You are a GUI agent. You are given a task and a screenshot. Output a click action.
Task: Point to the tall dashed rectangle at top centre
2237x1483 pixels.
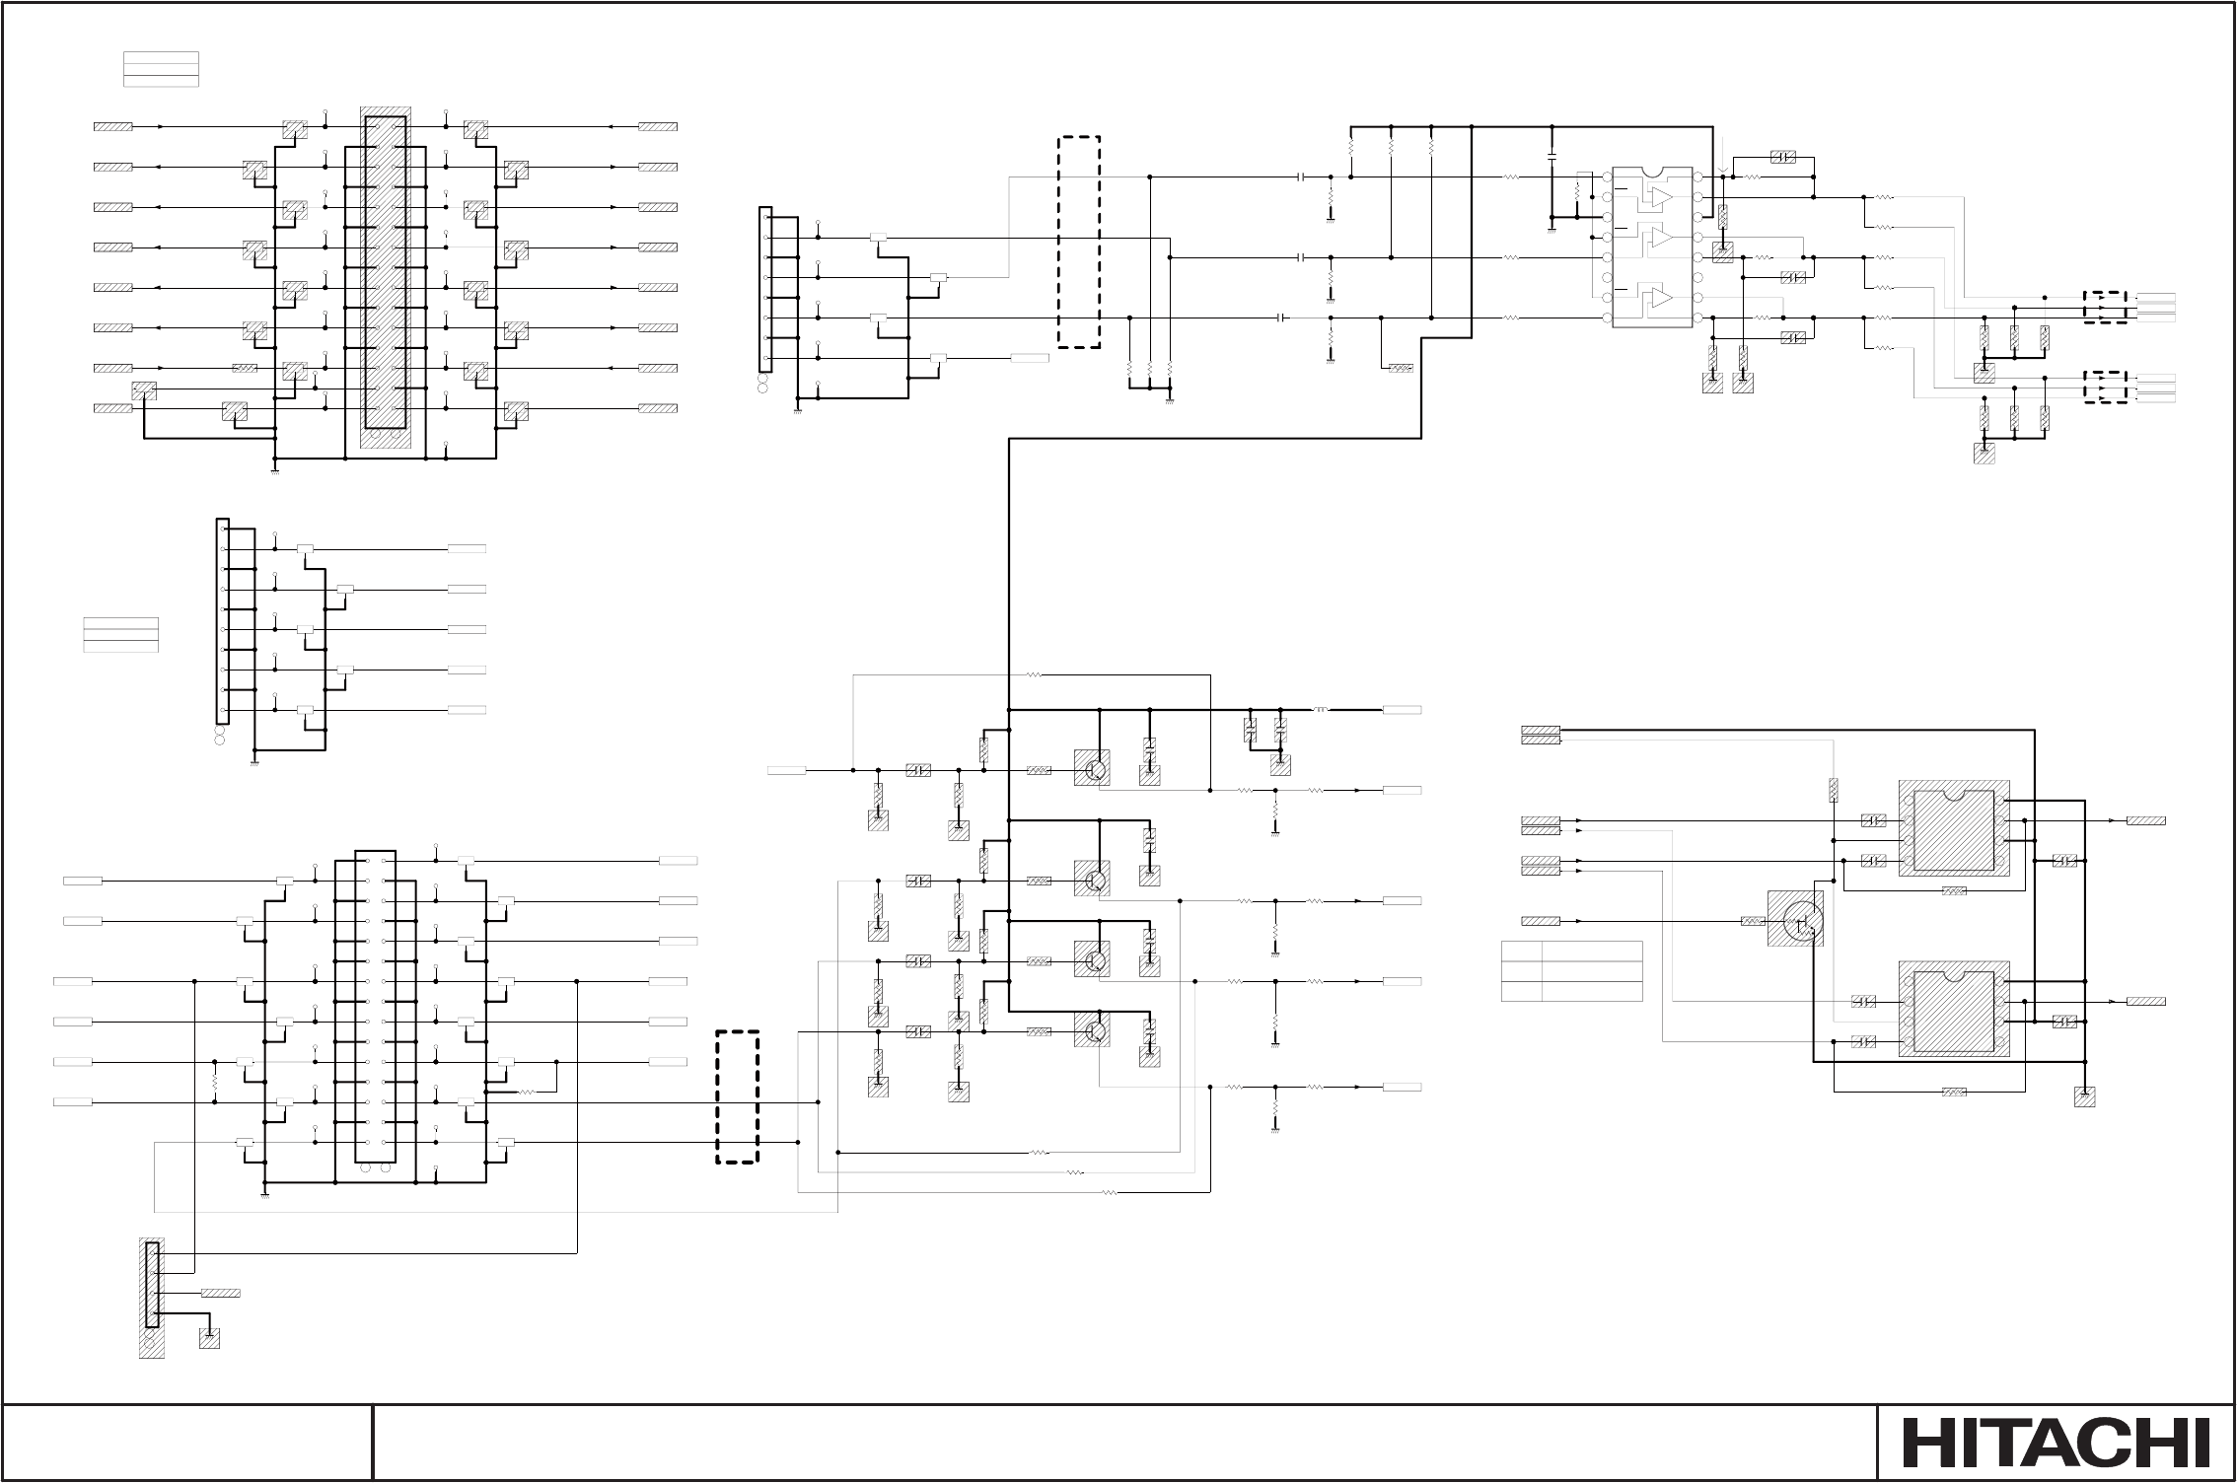(1078, 243)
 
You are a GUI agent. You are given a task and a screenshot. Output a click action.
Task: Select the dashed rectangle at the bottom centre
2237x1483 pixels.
(737, 1097)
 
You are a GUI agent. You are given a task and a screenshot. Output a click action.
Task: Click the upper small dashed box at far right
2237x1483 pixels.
(2104, 307)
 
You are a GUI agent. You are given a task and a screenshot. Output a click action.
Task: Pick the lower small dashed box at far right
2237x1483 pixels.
(2104, 388)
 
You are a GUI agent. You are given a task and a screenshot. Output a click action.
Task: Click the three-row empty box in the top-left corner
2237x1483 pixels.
(161, 68)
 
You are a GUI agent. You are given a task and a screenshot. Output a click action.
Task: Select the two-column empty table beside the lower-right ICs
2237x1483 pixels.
(1571, 971)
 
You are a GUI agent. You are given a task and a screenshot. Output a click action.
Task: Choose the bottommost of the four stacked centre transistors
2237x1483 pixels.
(1094, 1031)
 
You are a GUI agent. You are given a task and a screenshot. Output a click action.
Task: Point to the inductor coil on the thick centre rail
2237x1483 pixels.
(1322, 710)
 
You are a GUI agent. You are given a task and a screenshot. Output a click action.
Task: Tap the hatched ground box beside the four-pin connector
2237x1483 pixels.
(209, 1338)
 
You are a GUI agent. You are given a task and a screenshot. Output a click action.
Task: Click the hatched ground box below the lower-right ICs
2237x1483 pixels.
(2084, 1096)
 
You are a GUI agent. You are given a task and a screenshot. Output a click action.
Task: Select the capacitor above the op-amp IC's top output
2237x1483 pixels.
(1782, 157)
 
